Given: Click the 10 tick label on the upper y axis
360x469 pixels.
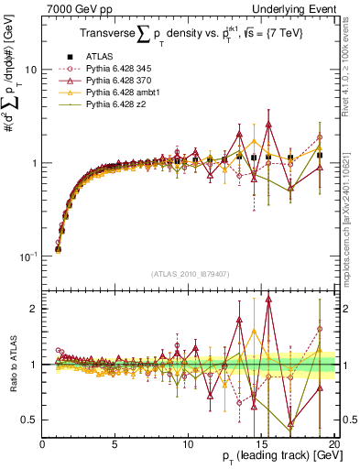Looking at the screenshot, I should pyautogui.click(x=30, y=70).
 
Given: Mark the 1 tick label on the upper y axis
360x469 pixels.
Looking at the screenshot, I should pyautogui.click(x=33, y=163).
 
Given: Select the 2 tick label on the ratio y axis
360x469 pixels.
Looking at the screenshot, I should pyautogui.click(x=33, y=309).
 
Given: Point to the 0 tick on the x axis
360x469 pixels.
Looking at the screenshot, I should pyautogui.click(x=43, y=443).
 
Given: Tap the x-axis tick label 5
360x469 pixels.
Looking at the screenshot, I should pyautogui.click(x=115, y=443).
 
